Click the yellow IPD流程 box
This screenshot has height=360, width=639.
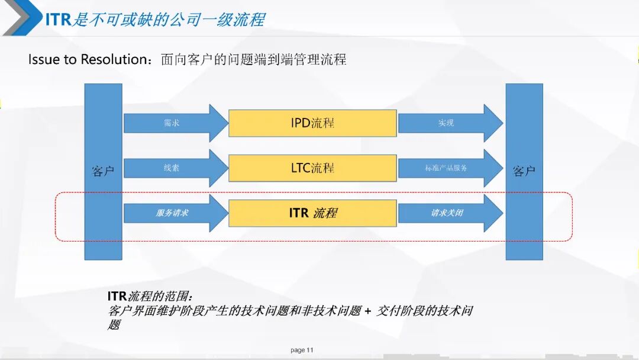[x=312, y=123]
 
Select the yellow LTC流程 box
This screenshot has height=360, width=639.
[x=312, y=168]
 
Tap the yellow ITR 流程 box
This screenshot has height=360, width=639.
[x=312, y=213]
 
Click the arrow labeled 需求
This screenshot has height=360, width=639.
[x=176, y=123]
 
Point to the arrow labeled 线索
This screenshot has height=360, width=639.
[x=176, y=168]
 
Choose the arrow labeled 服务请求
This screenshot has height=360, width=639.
[x=176, y=213]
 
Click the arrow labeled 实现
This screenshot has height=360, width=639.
[x=450, y=123]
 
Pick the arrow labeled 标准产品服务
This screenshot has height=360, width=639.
[x=450, y=168]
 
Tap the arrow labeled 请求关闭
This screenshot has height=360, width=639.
[x=450, y=213]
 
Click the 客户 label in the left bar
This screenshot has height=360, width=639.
[x=103, y=171]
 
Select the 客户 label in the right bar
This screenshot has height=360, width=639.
[x=524, y=171]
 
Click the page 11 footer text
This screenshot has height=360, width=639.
[x=302, y=350]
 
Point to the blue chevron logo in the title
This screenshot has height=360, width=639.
[x=22, y=18]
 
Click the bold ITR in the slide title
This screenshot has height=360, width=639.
[x=58, y=19]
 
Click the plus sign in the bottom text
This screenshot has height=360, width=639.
[x=368, y=311]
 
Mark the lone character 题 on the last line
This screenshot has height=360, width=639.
[x=115, y=325]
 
